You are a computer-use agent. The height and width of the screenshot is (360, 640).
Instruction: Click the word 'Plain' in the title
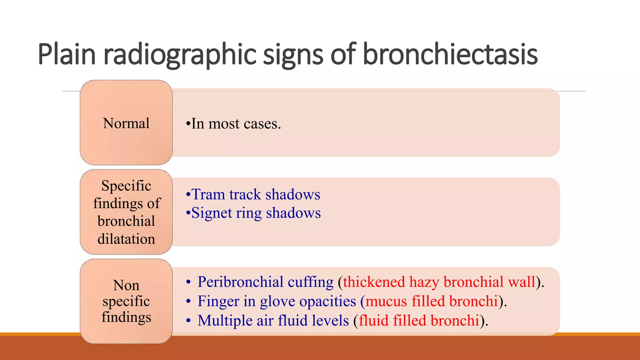[x=66, y=54]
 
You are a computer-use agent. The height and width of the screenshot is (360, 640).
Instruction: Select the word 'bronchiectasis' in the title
[x=450, y=54]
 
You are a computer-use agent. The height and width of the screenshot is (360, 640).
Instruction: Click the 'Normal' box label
[x=126, y=123]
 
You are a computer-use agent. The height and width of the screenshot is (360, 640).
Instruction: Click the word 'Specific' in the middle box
[x=126, y=186]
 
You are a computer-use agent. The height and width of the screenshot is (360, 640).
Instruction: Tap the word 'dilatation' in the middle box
[x=126, y=239]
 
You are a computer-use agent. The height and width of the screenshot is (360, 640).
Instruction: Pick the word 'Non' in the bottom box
[x=126, y=285]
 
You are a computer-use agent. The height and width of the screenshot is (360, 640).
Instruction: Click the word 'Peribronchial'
[x=240, y=282]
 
